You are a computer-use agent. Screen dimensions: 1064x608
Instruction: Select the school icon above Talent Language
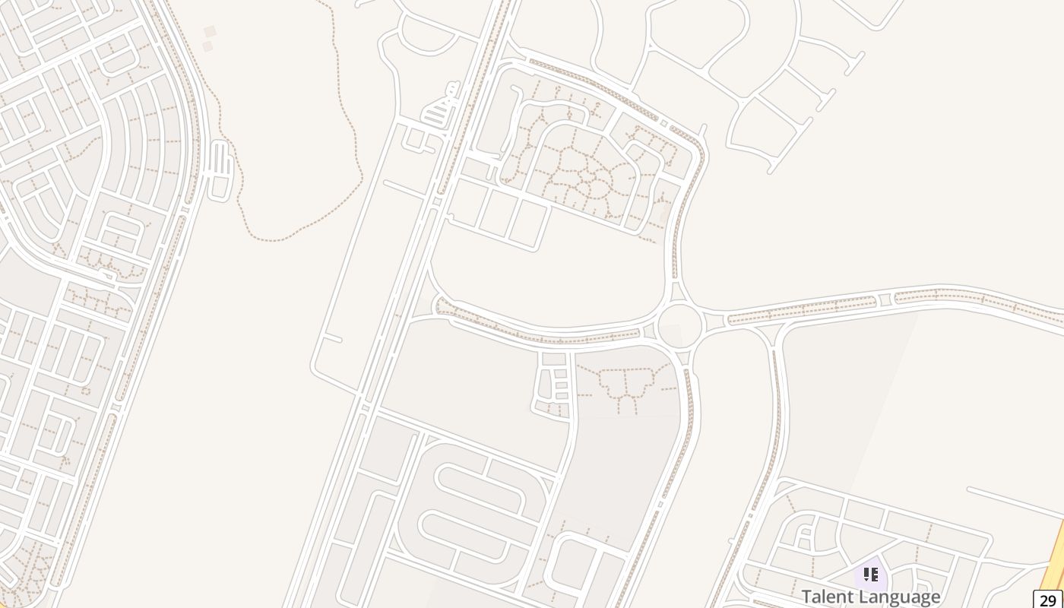pos(871,575)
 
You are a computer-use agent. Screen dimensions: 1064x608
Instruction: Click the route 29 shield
pos(1048,600)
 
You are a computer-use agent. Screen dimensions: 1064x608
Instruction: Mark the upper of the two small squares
pos(210,31)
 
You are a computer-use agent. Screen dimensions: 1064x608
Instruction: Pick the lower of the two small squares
pos(207,46)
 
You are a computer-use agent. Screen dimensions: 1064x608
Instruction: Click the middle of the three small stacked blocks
pos(561,385)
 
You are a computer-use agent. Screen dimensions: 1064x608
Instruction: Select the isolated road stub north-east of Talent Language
pos(1011,500)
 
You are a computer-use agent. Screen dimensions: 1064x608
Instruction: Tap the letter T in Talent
pos(806,597)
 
